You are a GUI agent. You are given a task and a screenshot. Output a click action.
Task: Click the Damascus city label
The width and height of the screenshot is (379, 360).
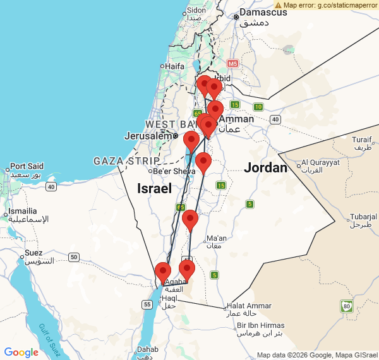click(259, 13)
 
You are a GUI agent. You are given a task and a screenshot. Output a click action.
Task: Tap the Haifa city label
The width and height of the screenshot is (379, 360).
click(174, 66)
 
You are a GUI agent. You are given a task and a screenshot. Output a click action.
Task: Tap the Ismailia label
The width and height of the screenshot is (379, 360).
click(22, 211)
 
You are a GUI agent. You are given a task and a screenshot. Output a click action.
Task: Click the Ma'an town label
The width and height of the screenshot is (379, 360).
click(216, 238)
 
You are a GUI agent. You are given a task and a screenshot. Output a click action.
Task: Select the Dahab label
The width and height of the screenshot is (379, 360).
click(147, 349)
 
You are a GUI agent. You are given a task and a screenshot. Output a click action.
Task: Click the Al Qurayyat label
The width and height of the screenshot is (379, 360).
click(322, 162)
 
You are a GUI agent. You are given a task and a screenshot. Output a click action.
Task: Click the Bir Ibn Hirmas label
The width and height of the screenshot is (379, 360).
click(261, 325)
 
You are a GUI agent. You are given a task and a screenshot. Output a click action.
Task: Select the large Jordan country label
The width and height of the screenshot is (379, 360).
click(265, 168)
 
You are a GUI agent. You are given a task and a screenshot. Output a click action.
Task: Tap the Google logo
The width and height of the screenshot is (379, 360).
click(21, 352)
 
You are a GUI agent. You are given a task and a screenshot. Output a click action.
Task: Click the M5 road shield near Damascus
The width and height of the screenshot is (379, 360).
click(233, 64)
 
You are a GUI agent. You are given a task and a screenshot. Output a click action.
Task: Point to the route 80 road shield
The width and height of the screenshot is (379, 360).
click(346, 307)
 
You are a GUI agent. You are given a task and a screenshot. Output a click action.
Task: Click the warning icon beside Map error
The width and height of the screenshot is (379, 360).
click(279, 5)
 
